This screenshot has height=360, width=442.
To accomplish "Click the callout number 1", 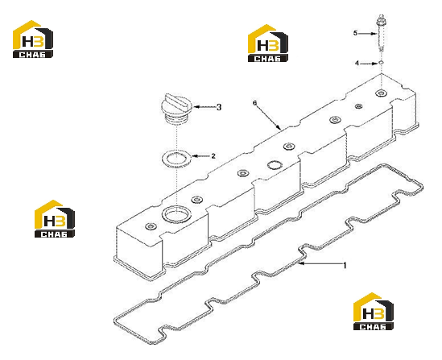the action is [x=345, y=266].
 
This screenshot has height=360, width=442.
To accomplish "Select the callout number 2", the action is [x=213, y=156].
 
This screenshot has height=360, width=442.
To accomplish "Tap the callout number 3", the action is [x=219, y=107].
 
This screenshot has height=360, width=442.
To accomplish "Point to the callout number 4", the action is [x=357, y=64].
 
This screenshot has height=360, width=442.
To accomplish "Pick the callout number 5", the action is [x=356, y=33].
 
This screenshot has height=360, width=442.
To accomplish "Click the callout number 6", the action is [x=255, y=103].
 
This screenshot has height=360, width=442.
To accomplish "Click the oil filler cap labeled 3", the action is [x=176, y=108].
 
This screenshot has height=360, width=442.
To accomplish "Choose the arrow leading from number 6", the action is [x=268, y=118].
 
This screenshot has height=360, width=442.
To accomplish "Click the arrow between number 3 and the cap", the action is [x=204, y=107].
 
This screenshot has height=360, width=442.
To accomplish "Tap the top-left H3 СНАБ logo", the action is [x=33, y=39].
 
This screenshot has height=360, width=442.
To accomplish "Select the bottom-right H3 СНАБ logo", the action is [x=374, y=311].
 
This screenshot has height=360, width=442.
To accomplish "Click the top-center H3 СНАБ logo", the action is [x=268, y=43].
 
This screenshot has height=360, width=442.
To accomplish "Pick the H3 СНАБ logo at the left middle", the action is [x=55, y=219].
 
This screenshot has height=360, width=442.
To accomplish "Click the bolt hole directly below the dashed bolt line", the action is [x=381, y=93].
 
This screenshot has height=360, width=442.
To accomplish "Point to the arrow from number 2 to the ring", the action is [x=200, y=156].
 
